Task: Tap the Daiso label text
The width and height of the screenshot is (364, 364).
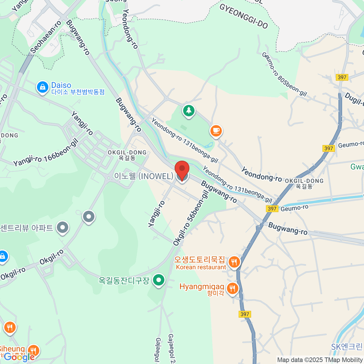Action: click(x=61, y=85)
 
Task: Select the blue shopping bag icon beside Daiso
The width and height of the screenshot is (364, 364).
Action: click(x=42, y=87)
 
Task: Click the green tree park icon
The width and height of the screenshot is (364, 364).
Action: click(x=189, y=111)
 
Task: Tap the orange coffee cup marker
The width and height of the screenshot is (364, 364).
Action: click(x=216, y=131)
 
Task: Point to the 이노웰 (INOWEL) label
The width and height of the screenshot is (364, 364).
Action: click(x=143, y=176)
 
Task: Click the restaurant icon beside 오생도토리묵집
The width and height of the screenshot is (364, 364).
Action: click(x=234, y=262)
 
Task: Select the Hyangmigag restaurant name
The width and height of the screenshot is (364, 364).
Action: click(x=202, y=287)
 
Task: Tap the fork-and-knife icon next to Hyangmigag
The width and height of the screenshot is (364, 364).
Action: click(x=232, y=288)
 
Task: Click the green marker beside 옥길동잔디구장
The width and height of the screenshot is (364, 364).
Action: click(x=158, y=280)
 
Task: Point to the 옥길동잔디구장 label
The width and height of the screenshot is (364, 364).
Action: click(x=124, y=280)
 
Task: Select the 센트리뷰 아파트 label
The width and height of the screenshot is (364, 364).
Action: click(x=27, y=228)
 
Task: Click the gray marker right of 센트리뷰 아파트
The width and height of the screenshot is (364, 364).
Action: click(x=63, y=227)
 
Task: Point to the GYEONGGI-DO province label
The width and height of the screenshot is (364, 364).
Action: click(x=244, y=16)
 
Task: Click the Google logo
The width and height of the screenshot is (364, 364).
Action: click(x=19, y=357)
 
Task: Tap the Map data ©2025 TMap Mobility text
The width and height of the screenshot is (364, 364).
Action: click(x=320, y=360)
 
